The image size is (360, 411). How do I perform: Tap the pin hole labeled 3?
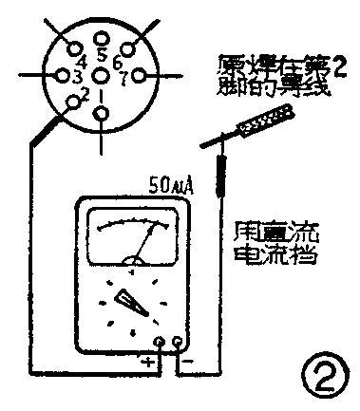[63, 74]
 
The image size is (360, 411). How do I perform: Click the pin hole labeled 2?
[74, 103]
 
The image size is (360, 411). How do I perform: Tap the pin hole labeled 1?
[102, 114]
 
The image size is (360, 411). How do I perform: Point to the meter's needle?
[147, 238]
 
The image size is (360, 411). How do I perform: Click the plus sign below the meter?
[147, 362]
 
